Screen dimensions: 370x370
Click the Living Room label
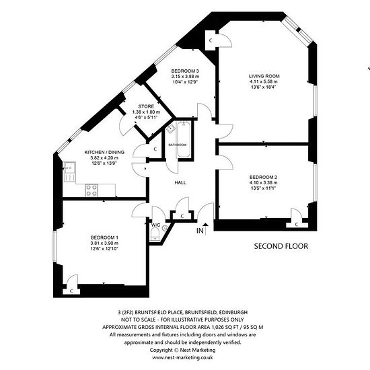[264, 76]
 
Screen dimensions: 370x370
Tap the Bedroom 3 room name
[185, 71]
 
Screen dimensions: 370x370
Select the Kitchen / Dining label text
[104, 152]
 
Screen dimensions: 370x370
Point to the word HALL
[180, 182]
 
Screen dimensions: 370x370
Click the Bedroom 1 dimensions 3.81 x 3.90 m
[104, 243]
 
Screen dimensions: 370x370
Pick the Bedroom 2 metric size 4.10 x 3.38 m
[263, 182]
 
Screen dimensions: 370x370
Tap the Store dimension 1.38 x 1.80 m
[146, 112]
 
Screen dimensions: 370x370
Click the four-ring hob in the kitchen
[91, 190]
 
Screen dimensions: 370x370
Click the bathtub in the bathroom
[184, 139]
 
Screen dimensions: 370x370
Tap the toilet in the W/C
[155, 233]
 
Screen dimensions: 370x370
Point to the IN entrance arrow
[205, 229]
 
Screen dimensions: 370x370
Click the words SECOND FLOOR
[281, 246]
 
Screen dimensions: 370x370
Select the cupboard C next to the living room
[211, 40]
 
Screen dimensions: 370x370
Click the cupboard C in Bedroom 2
[297, 225]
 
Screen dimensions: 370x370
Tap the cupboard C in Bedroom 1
[71, 291]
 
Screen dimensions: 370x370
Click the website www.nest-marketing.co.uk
[182, 357]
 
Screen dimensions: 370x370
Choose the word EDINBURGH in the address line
[233, 312]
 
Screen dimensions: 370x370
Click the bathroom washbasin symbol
[170, 128]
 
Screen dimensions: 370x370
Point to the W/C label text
[156, 225]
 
